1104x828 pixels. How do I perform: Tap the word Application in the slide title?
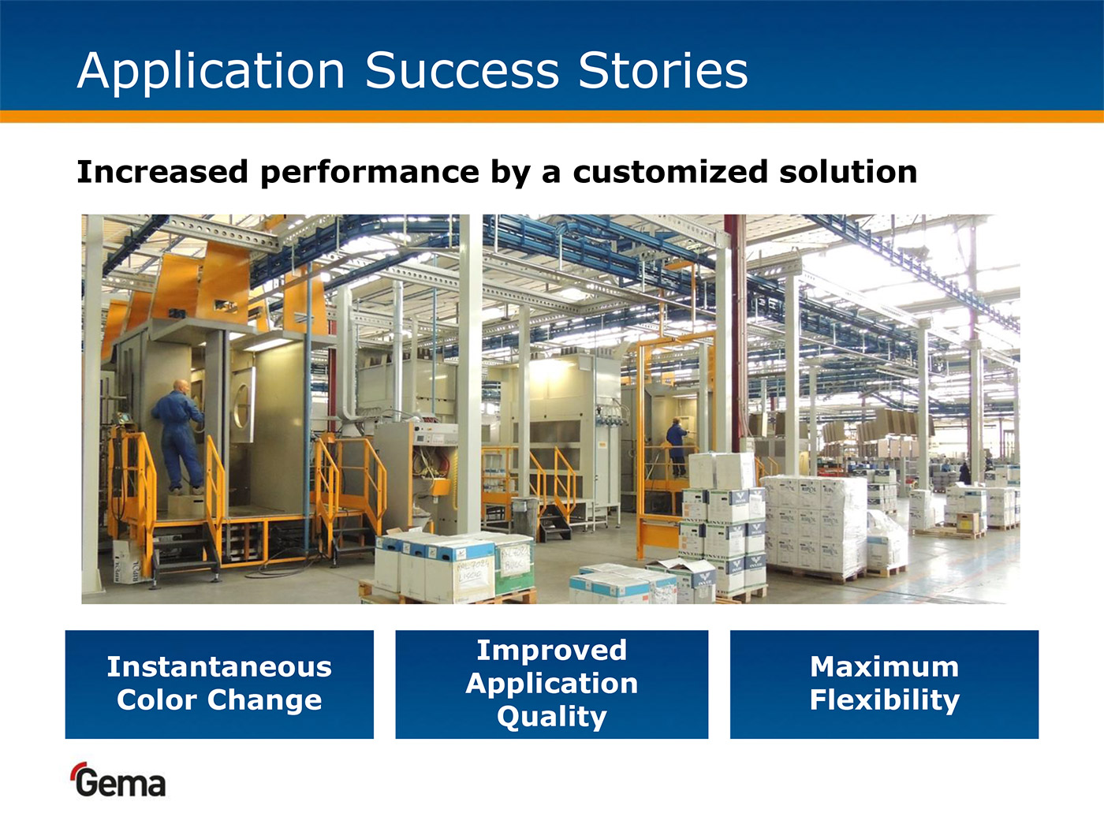[x=211, y=73]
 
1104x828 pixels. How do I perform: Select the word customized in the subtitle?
[x=670, y=172]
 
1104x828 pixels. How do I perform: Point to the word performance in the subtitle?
[x=370, y=173]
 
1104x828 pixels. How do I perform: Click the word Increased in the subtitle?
[x=162, y=172]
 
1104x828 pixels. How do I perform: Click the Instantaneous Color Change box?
[x=219, y=684]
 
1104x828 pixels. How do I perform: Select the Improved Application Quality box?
[x=552, y=684]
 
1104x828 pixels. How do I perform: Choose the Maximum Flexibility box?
[x=884, y=684]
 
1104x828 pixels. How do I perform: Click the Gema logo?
[x=119, y=780]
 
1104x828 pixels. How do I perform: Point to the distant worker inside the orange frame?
[x=677, y=446]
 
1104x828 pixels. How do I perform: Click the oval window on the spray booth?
[x=243, y=406]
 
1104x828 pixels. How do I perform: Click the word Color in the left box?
[x=156, y=699]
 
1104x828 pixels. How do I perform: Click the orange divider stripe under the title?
[x=552, y=117]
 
